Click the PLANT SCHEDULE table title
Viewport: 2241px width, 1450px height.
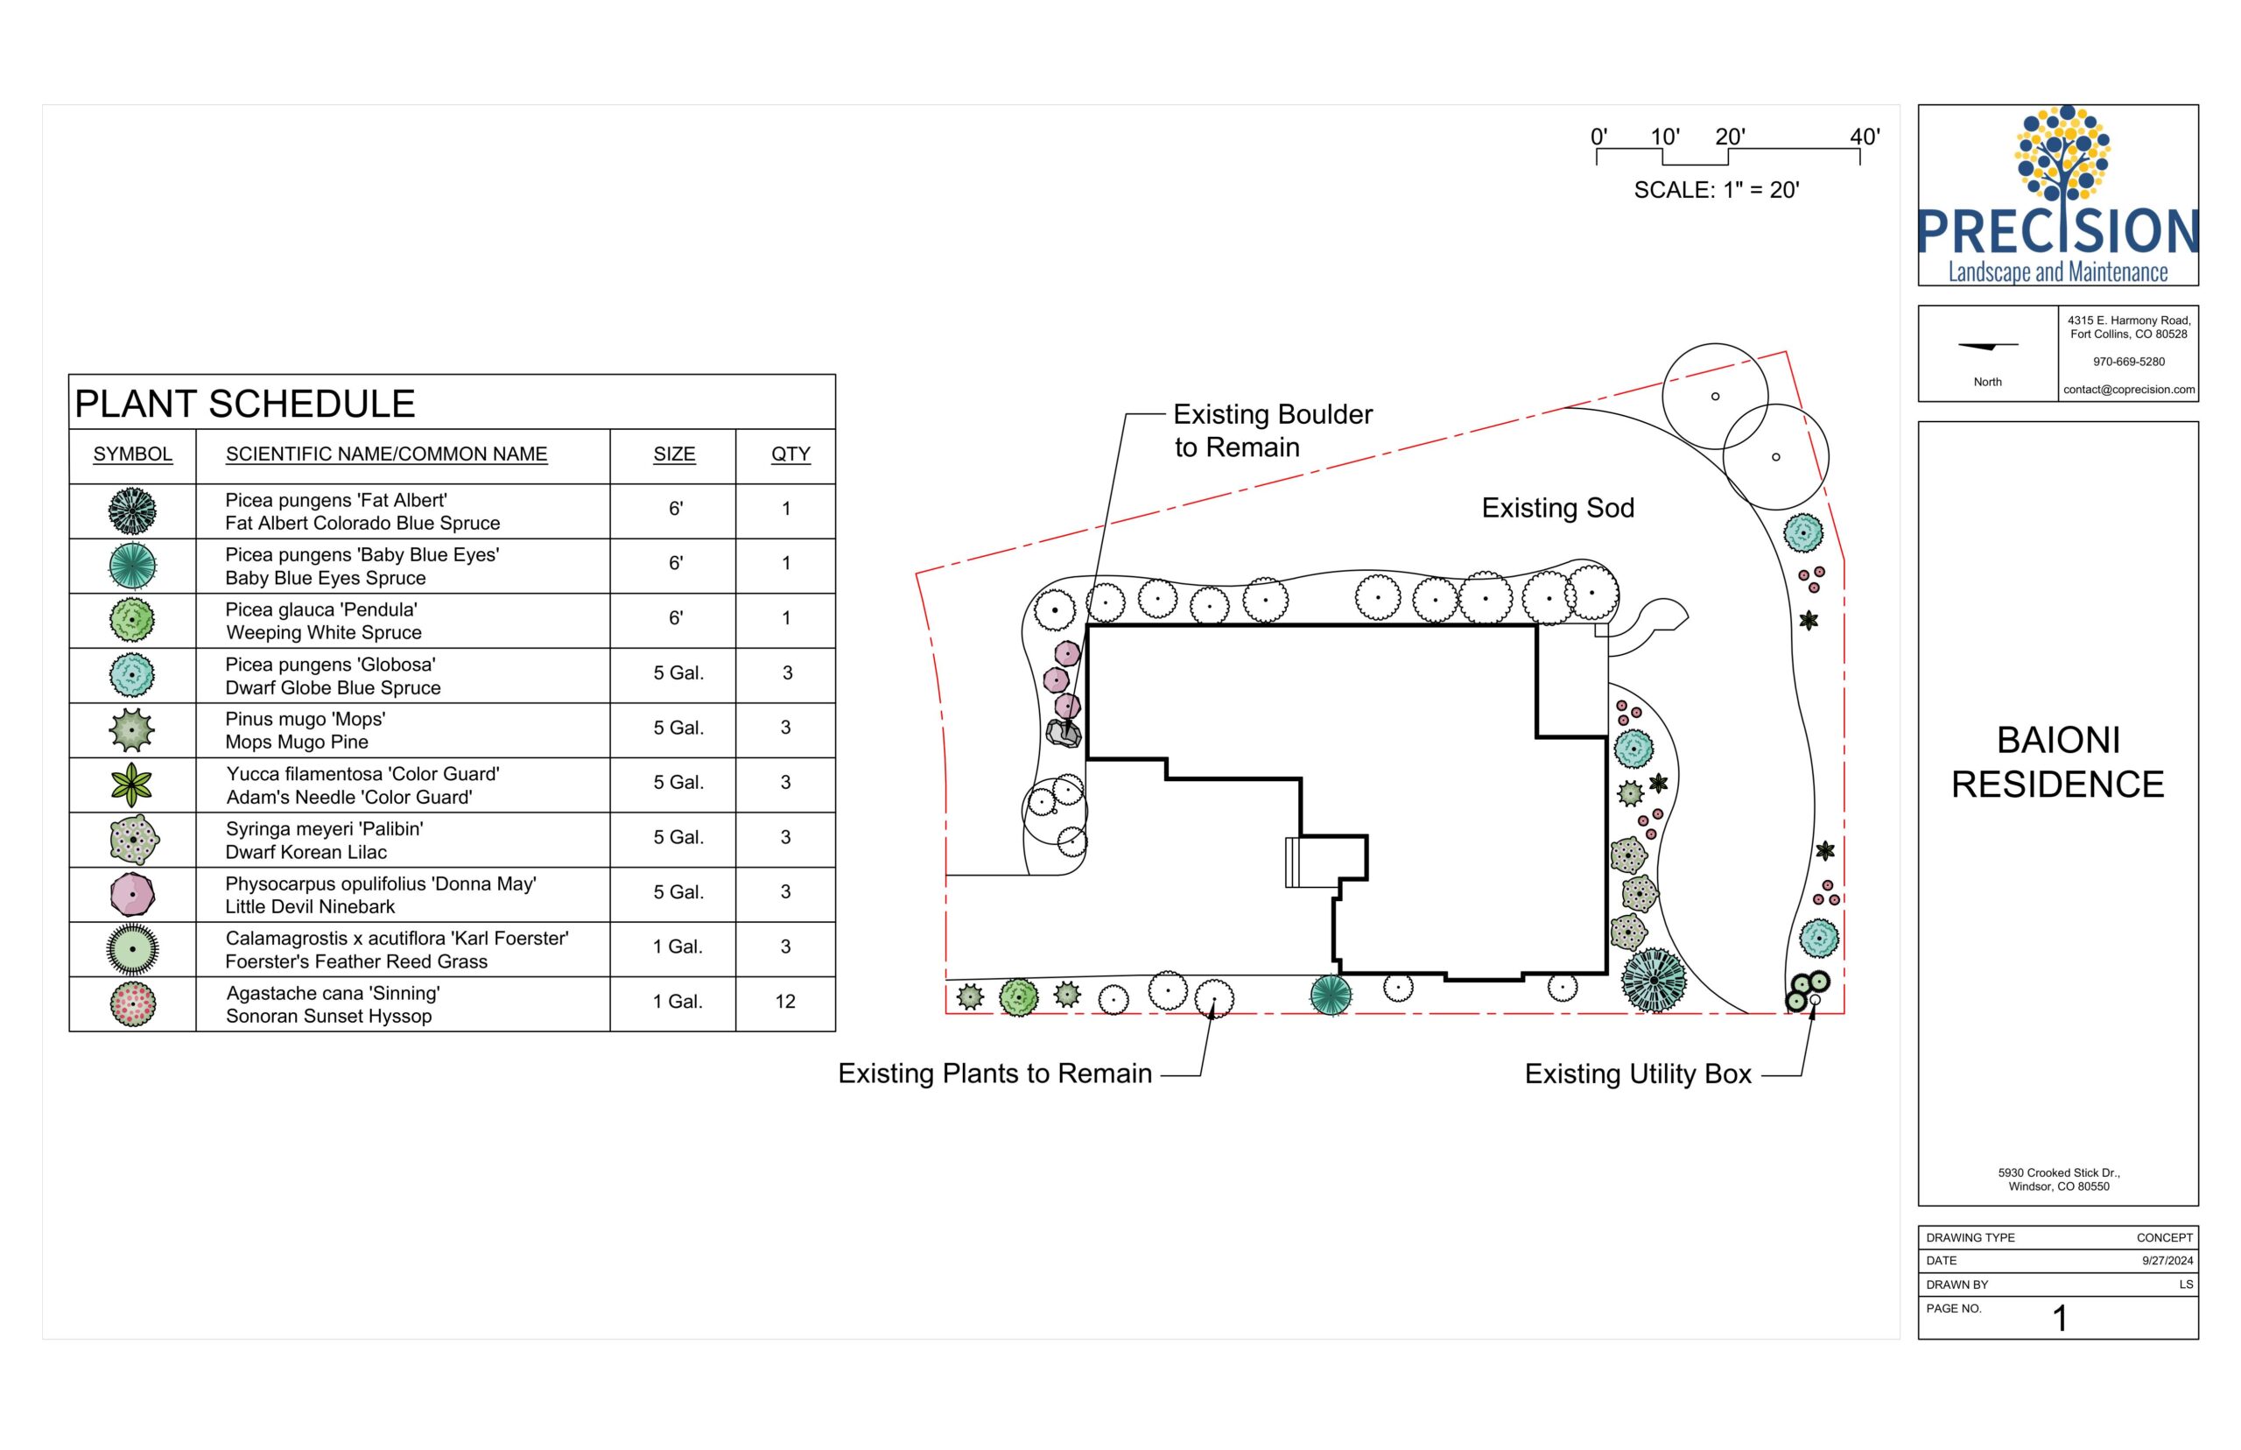[245, 404]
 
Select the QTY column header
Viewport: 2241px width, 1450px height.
[790, 454]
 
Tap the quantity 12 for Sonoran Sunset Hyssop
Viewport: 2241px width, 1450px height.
[785, 1001]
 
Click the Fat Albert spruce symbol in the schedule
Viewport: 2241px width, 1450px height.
[133, 511]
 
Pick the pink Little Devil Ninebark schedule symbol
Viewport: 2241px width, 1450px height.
[133, 895]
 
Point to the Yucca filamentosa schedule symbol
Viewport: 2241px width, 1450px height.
[132, 785]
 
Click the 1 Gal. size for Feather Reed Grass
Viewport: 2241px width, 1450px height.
[678, 947]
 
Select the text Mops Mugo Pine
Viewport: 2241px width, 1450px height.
[297, 742]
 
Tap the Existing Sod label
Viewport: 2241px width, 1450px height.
[1557, 509]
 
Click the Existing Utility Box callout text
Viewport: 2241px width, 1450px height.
[1638, 1074]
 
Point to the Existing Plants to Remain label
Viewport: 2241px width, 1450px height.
[994, 1073]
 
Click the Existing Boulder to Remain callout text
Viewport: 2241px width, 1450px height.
[1273, 430]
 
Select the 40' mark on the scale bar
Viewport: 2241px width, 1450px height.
[1865, 137]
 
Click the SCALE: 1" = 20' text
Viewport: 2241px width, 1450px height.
[1716, 190]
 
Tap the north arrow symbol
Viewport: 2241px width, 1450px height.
[1988, 347]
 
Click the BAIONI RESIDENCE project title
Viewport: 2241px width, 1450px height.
[2057, 762]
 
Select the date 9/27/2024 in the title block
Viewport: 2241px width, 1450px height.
[2167, 1261]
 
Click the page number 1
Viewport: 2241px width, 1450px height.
[2061, 1318]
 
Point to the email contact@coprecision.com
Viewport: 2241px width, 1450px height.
[2129, 390]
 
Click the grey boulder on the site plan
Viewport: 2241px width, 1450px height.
[1064, 733]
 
